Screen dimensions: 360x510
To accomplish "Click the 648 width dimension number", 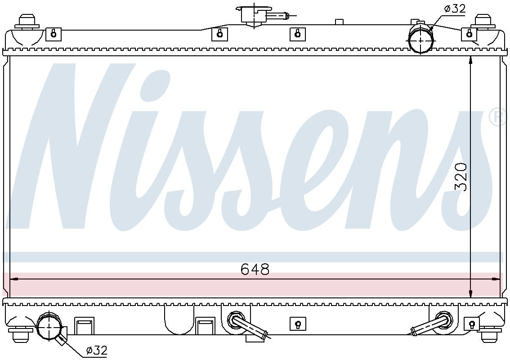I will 255,269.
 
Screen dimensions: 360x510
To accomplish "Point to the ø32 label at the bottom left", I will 96,350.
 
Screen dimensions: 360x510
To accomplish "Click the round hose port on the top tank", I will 421,39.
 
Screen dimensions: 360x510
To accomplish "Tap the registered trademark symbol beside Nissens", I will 497,117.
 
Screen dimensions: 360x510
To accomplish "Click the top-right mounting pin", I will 483,22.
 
